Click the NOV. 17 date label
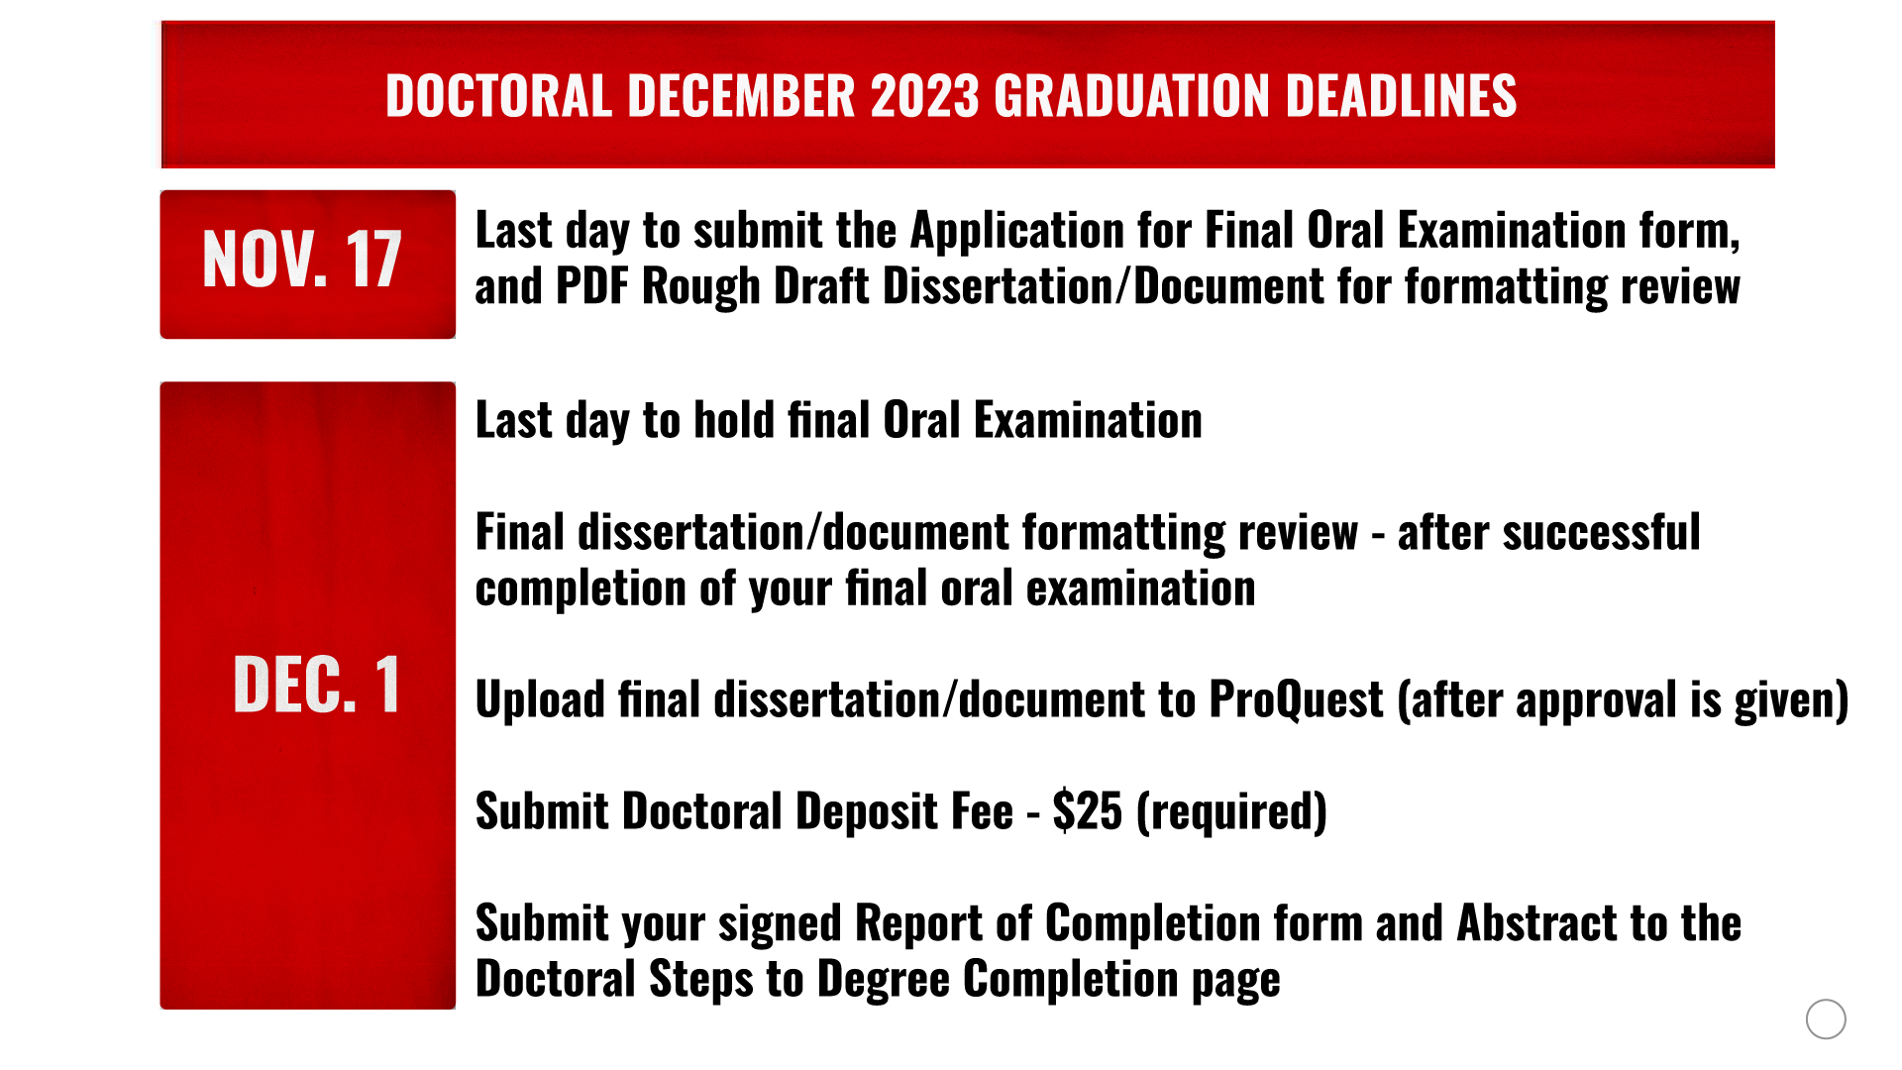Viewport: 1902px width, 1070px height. pos(302,260)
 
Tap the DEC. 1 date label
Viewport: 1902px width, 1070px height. pos(317,684)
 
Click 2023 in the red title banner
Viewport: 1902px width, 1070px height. pos(925,96)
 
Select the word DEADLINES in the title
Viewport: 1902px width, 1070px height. pos(1401,96)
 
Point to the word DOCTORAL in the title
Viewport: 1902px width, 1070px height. pos(498,96)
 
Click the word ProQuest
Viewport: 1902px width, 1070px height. pos(1296,700)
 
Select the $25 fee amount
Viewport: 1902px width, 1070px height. pos(1087,811)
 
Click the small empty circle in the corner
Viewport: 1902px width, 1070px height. pos(1826,1018)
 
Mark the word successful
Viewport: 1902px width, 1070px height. pos(1548,533)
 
